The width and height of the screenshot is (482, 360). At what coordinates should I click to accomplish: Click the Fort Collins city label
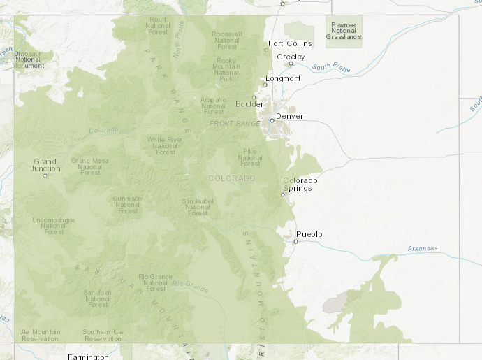pyautogui.click(x=290, y=43)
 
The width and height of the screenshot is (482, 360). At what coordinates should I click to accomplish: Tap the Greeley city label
pyautogui.click(x=291, y=56)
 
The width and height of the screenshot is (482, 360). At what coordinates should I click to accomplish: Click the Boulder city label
pyautogui.click(x=249, y=104)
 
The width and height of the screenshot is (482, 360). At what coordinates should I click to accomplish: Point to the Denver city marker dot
pyautogui.click(x=272, y=120)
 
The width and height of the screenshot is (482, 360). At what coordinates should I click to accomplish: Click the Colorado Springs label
pyautogui.click(x=300, y=185)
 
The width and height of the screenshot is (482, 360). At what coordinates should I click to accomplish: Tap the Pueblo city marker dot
pyautogui.click(x=295, y=242)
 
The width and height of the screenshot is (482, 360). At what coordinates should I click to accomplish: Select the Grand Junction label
pyautogui.click(x=45, y=165)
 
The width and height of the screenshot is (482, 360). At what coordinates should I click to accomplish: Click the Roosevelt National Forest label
pyautogui.click(x=226, y=41)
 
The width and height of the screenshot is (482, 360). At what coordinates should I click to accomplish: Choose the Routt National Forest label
pyautogui.click(x=158, y=26)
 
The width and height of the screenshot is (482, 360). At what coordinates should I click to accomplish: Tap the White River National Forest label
pyautogui.click(x=166, y=145)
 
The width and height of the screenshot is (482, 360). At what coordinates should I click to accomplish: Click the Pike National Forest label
pyautogui.click(x=250, y=157)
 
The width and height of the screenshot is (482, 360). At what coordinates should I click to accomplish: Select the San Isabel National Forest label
pyautogui.click(x=198, y=206)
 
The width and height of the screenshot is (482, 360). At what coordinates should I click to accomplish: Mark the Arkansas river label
pyautogui.click(x=423, y=248)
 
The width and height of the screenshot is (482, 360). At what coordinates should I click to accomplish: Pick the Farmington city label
pyautogui.click(x=88, y=357)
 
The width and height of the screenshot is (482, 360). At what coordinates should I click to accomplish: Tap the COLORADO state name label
pyautogui.click(x=232, y=178)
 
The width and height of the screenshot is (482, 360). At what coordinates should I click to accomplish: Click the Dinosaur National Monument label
pyautogui.click(x=28, y=59)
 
